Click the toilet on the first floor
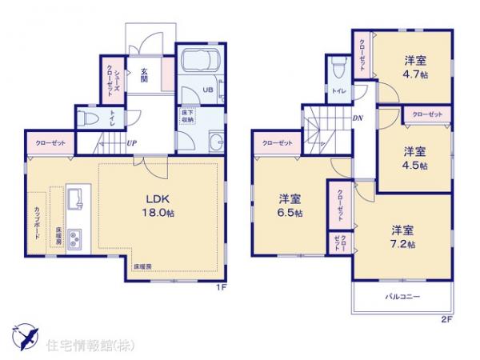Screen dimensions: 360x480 [91, 118]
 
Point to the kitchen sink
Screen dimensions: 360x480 [74, 196]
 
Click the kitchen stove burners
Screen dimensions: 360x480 [74, 237]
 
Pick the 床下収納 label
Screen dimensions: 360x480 [187, 118]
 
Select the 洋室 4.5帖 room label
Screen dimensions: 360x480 [414, 158]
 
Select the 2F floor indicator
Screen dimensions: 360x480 [446, 322]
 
